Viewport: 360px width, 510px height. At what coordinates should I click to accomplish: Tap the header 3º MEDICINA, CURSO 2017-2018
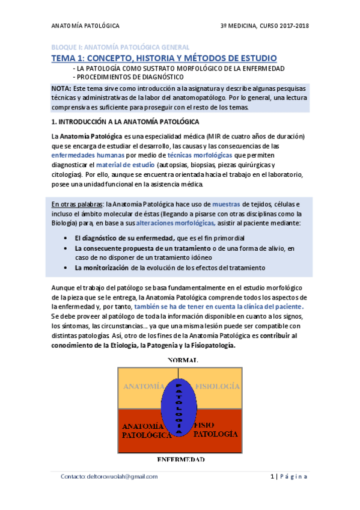(266, 26)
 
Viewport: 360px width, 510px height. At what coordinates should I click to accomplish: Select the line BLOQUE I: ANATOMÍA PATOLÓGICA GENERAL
(120, 47)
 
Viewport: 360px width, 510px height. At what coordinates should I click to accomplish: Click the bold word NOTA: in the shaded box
(63, 88)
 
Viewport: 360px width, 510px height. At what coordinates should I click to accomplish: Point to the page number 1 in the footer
(272, 476)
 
